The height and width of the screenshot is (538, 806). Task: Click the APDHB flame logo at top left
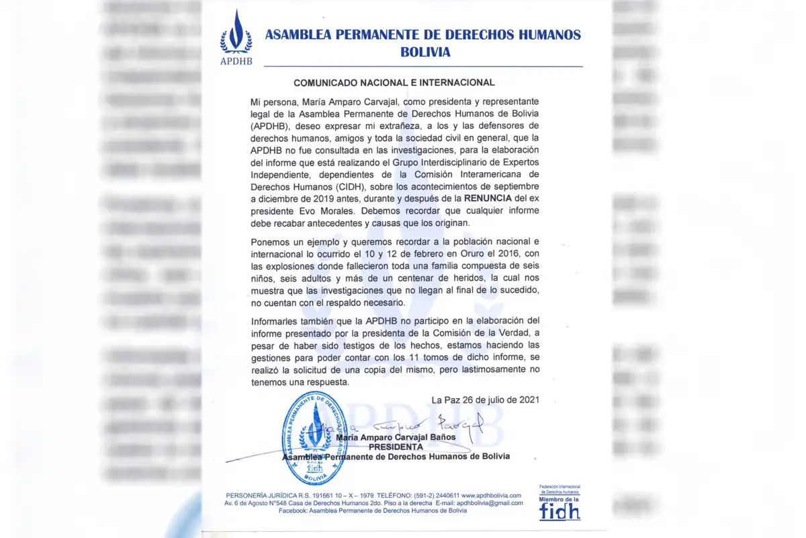tap(236, 37)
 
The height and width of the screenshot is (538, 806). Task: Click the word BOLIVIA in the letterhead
tap(423, 52)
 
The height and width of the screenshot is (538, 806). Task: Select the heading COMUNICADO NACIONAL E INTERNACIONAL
tap(394, 83)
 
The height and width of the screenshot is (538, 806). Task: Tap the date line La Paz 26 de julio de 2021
tap(485, 399)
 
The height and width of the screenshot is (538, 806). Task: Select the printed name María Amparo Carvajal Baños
tap(396, 437)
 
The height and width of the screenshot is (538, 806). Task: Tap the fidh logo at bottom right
tap(559, 510)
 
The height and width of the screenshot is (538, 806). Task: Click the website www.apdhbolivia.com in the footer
tap(491, 496)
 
